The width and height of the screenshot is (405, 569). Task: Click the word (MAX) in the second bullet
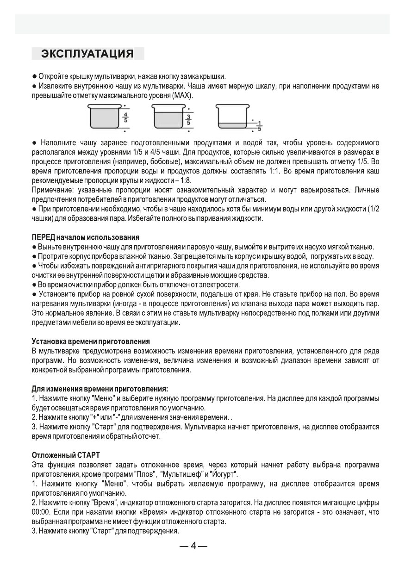click(x=182, y=96)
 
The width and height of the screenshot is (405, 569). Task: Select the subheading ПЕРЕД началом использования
click(x=85, y=238)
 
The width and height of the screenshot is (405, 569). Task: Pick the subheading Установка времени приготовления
click(x=90, y=341)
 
